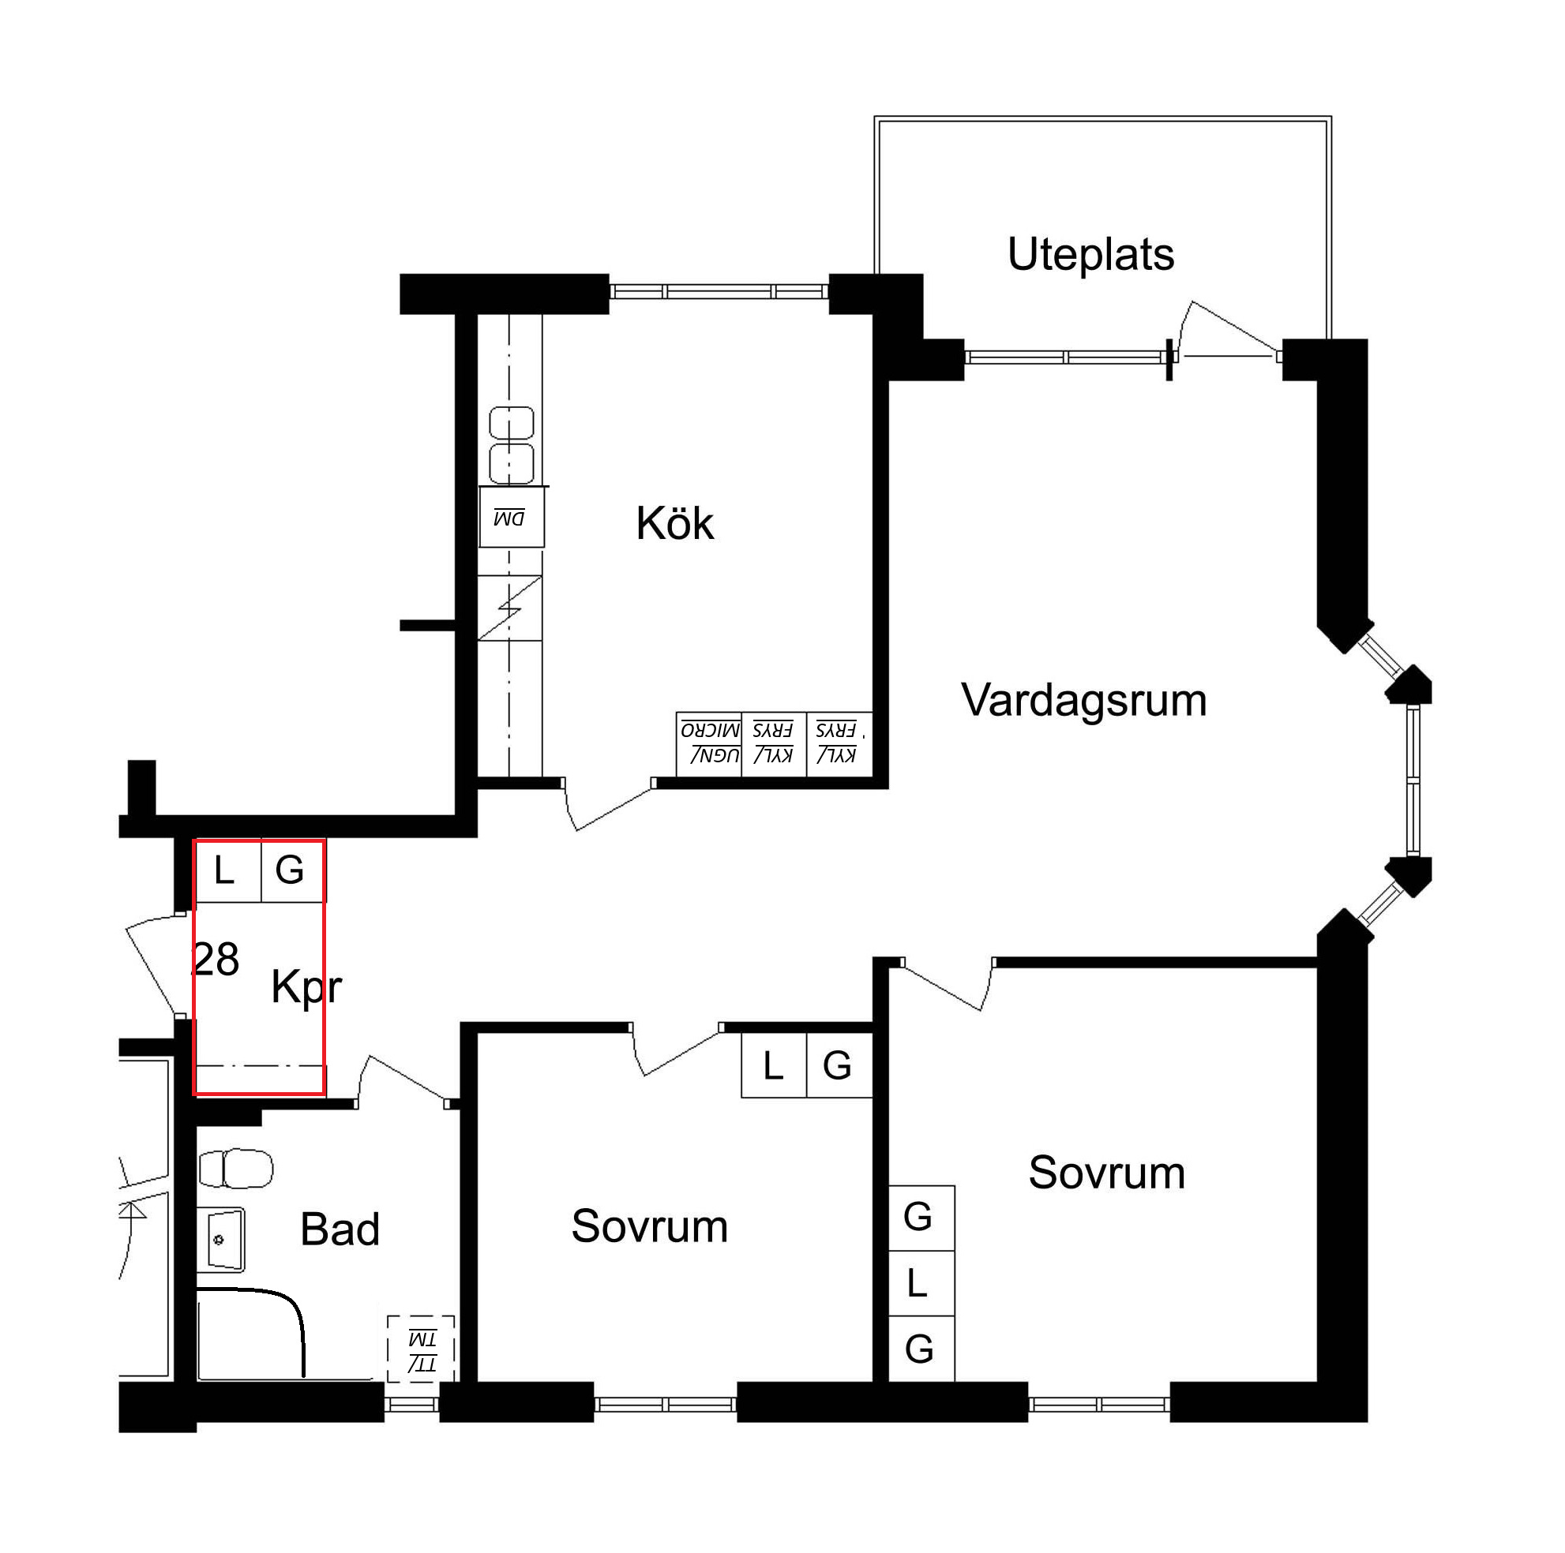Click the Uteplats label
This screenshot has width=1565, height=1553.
(1090, 255)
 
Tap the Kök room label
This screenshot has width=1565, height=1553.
(675, 523)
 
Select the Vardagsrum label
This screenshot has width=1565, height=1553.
(1084, 701)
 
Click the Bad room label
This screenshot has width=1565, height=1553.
(340, 1229)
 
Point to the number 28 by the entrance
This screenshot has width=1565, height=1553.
(216, 960)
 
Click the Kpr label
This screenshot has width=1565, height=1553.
(306, 988)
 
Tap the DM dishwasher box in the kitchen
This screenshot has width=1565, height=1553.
(511, 518)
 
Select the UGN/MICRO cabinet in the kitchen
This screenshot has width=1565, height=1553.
(709, 744)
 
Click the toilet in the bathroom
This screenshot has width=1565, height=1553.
(236, 1169)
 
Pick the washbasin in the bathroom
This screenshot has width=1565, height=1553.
(221, 1239)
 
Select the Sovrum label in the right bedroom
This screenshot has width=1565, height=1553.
(1106, 1173)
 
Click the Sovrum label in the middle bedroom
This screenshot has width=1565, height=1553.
(650, 1226)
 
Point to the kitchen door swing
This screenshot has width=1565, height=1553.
(608, 805)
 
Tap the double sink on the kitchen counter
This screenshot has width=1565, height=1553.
(512, 445)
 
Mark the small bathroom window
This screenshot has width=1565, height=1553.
(411, 1405)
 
